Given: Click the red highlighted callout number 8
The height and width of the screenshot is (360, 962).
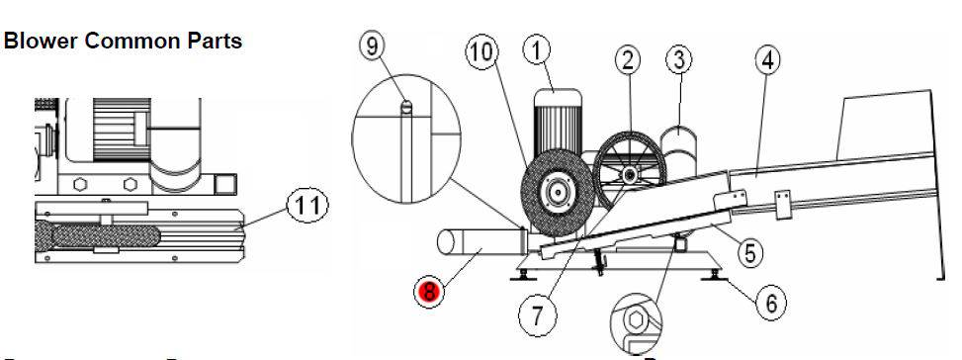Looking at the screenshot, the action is click(428, 291).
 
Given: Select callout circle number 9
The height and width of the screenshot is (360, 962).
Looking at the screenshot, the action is click(372, 46).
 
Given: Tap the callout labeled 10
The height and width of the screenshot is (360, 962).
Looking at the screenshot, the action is click(482, 52).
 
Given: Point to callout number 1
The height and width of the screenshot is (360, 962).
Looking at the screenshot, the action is click(538, 51).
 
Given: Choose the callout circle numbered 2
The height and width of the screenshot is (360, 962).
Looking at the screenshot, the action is click(628, 60).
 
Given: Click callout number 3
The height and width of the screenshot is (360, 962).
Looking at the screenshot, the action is click(678, 60).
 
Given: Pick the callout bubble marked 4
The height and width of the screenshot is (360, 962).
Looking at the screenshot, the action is click(767, 60).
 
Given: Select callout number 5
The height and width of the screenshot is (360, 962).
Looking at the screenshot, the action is click(749, 252).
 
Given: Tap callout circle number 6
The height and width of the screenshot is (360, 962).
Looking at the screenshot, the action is click(771, 303).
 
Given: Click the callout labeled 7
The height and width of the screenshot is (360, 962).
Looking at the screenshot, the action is click(538, 316).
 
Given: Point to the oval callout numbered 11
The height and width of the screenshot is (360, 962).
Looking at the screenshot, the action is click(307, 206).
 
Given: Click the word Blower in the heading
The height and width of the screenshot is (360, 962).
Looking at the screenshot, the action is click(42, 42).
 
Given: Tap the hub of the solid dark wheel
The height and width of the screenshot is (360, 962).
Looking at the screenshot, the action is click(557, 193).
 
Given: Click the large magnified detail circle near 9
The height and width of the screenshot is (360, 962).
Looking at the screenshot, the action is click(406, 139).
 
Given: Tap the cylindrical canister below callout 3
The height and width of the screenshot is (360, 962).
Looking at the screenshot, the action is click(679, 151).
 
